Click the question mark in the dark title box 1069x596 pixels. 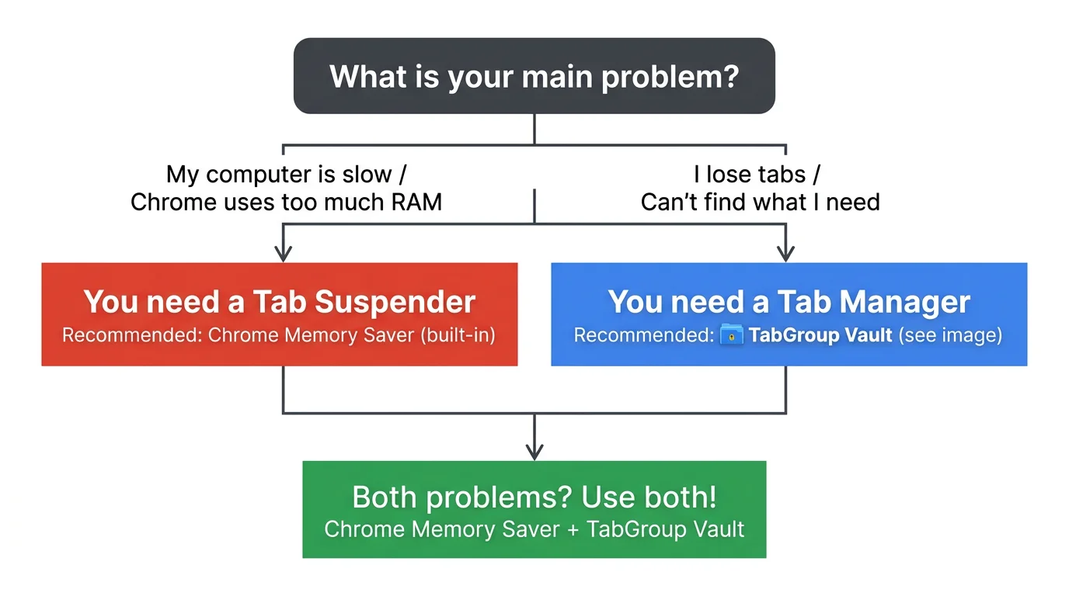(729, 77)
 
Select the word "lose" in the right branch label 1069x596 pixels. (740, 174)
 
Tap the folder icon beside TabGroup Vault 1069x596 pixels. (732, 336)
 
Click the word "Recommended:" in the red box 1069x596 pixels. (132, 336)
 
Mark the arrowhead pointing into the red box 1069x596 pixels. (284, 253)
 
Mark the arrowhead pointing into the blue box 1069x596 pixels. (786, 253)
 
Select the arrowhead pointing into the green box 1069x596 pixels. (534, 451)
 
